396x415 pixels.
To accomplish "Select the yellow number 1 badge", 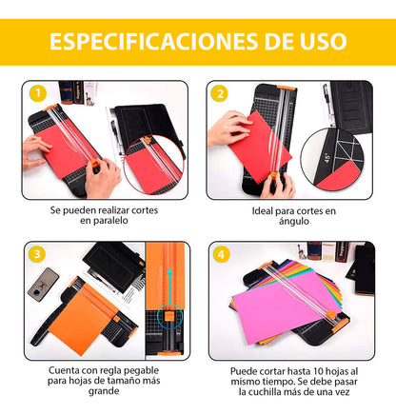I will click(x=37, y=92).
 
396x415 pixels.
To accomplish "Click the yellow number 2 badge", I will click(x=220, y=92).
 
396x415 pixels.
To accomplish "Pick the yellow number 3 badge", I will click(x=37, y=254).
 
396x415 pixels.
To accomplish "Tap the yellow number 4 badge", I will click(x=220, y=254).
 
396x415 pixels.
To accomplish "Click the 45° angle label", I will click(x=328, y=156).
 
